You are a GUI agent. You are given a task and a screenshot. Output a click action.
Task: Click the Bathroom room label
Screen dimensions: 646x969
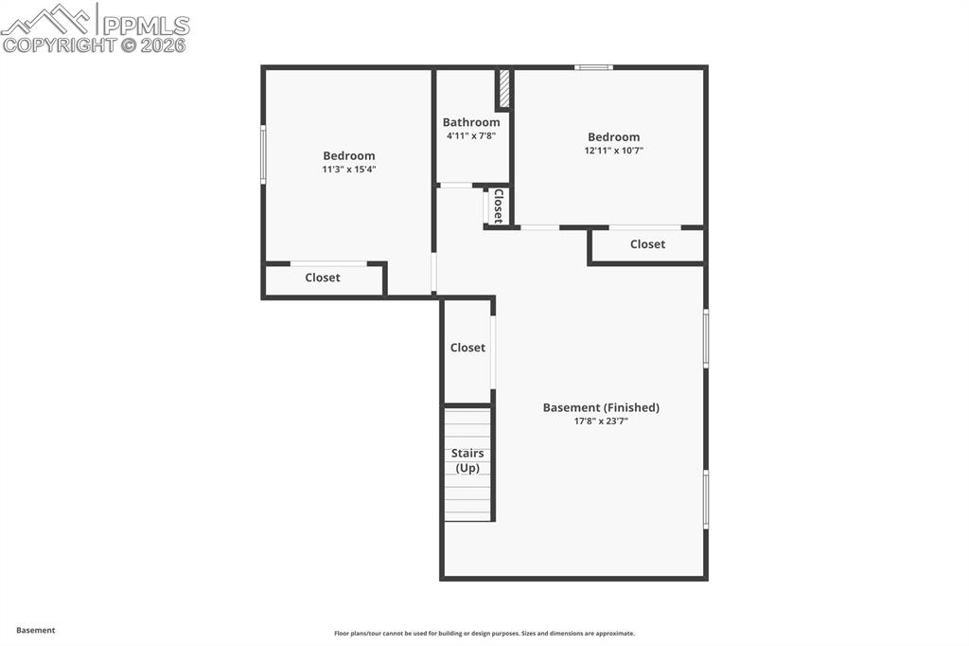(x=471, y=122)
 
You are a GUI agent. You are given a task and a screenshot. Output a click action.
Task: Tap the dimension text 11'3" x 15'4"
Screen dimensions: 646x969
(x=349, y=170)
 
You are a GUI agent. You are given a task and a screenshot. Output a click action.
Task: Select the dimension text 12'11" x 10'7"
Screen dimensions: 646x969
(x=613, y=151)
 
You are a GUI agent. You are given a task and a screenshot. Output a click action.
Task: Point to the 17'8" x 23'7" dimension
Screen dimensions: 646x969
(x=601, y=422)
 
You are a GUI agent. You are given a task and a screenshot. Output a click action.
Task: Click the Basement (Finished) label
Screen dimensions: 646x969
(x=601, y=407)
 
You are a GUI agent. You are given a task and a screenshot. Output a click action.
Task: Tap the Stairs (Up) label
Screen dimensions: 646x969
(x=467, y=460)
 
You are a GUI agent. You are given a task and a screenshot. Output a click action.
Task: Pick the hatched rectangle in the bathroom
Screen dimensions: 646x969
(x=504, y=89)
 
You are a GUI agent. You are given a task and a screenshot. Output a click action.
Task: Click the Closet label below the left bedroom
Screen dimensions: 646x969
(x=323, y=278)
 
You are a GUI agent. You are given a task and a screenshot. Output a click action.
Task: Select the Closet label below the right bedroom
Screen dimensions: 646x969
(x=647, y=244)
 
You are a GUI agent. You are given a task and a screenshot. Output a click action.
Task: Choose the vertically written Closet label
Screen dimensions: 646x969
(x=498, y=206)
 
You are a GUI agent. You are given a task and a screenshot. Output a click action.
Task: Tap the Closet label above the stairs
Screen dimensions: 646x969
(x=467, y=348)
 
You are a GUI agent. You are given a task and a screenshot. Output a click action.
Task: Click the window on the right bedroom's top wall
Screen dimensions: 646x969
(x=594, y=67)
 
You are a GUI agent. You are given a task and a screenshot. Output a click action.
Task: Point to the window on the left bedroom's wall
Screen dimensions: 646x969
(x=263, y=153)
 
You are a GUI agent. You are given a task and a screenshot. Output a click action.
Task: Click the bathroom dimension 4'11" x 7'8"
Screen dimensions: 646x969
(x=471, y=136)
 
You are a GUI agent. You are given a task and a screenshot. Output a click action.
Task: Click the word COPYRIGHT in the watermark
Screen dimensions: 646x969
(x=59, y=45)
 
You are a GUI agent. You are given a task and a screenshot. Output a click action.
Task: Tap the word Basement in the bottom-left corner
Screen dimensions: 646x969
(x=36, y=630)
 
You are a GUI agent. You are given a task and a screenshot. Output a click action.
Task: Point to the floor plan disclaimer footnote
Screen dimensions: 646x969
(x=484, y=634)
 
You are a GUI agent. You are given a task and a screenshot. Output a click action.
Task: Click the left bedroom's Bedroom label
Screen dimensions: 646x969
(x=349, y=155)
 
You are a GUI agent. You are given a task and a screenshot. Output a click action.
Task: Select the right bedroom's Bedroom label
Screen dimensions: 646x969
(x=613, y=136)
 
